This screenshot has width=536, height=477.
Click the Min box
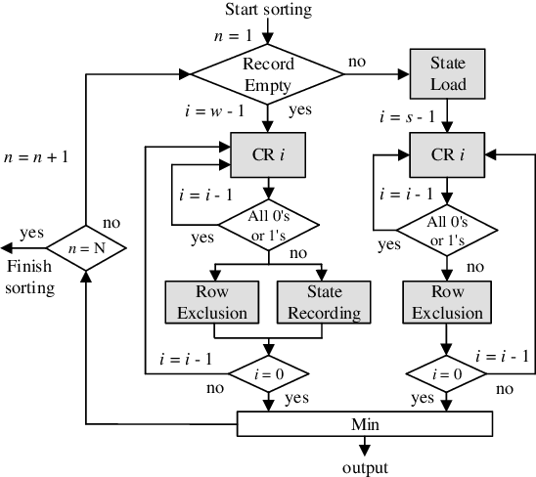(x=364, y=423)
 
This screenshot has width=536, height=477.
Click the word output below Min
(x=364, y=466)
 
